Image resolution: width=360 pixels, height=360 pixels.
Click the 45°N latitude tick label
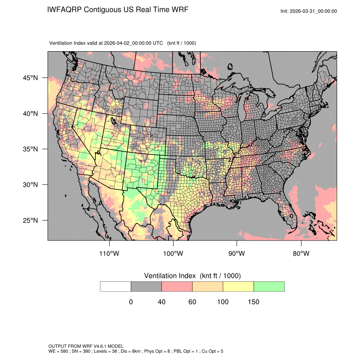[x=30, y=78]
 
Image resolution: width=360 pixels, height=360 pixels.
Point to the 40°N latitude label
[x=30, y=114]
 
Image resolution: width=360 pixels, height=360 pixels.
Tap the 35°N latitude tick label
[x=30, y=149]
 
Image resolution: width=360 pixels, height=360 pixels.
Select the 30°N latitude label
[x=30, y=185]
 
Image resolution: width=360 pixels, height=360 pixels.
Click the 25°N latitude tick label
[x=30, y=220]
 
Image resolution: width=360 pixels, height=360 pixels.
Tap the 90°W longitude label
[x=237, y=254]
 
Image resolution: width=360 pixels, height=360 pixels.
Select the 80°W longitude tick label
[x=301, y=254]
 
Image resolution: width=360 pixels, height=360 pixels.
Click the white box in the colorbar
[x=116, y=286]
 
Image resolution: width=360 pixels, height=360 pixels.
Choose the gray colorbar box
[x=146, y=286]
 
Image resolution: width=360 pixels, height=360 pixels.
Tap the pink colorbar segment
[x=177, y=286]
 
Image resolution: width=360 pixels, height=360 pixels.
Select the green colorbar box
[x=269, y=286]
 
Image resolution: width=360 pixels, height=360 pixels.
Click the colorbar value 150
[x=253, y=302]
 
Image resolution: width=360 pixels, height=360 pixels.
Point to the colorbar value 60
[x=192, y=302]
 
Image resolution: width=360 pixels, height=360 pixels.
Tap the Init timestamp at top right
[x=309, y=11]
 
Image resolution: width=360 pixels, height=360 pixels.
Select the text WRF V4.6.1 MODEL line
[x=86, y=346]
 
